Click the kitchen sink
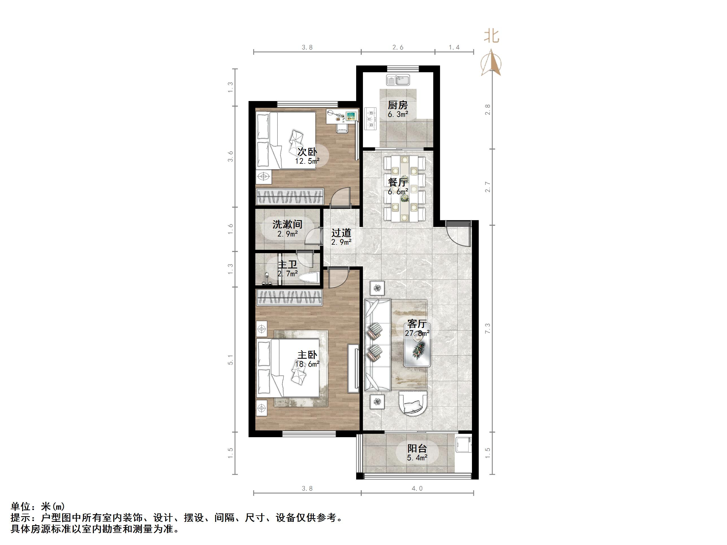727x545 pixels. click(398, 80)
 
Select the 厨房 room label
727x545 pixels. click(398, 105)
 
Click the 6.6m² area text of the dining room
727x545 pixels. click(398, 191)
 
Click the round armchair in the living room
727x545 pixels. click(413, 403)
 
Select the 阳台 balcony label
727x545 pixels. click(417, 448)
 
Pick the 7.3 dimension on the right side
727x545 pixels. click(487, 329)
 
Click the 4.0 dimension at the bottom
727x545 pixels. click(417, 489)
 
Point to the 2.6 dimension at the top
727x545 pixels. click(398, 48)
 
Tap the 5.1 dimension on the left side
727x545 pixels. click(230, 360)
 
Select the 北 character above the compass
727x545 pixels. click(491, 36)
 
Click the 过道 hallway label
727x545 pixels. click(341, 233)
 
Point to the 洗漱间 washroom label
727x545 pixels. click(287, 224)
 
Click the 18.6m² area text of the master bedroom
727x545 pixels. click(307, 364)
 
